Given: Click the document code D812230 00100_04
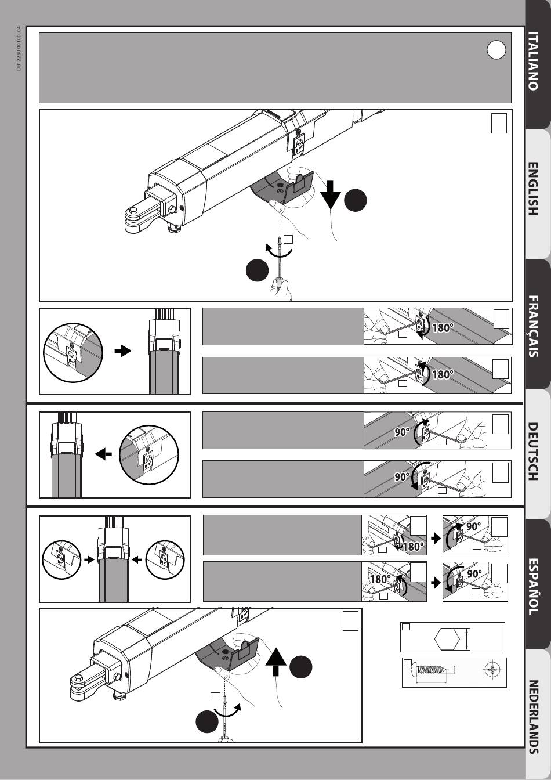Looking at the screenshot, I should (19, 49).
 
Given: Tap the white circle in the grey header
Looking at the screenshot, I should (496, 50).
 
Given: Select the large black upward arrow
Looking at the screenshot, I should (277, 662).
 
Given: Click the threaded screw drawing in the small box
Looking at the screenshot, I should (430, 671).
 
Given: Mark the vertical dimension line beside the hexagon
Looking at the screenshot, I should (467, 640).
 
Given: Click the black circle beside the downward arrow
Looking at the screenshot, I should (355, 201).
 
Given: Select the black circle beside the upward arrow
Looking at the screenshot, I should (301, 667).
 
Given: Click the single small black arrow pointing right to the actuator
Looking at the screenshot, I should (122, 351).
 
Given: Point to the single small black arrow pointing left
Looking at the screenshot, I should (103, 454).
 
